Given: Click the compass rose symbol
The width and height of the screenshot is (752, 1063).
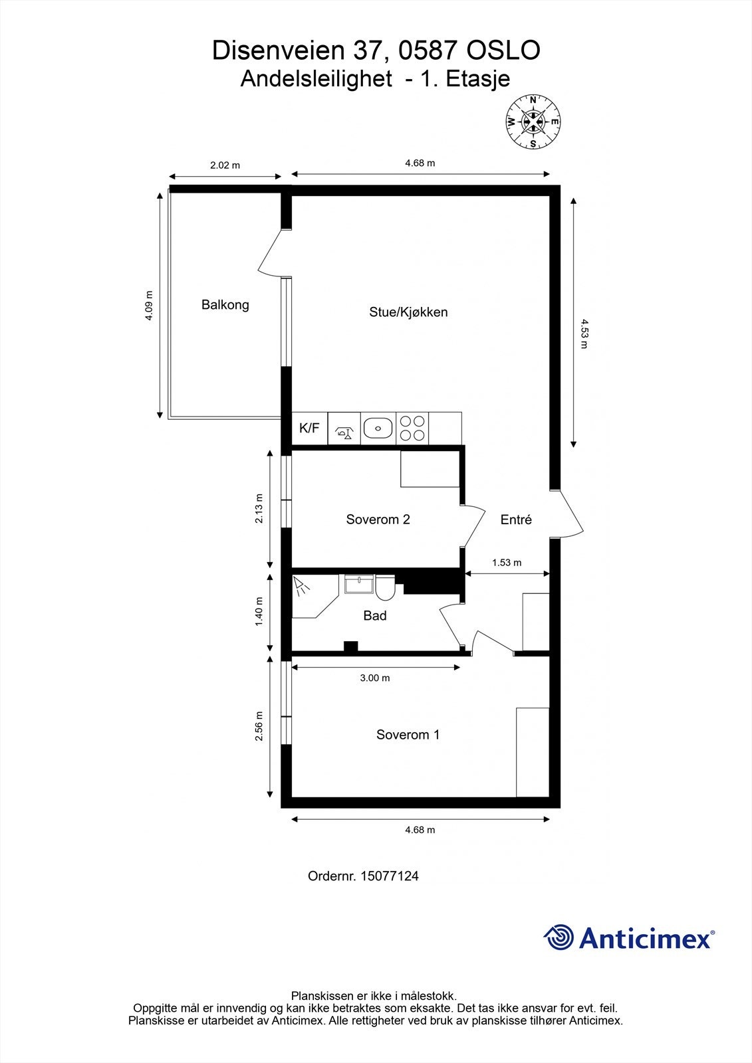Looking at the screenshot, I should pyautogui.click(x=533, y=121).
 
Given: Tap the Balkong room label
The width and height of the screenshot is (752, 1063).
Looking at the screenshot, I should pyautogui.click(x=225, y=305).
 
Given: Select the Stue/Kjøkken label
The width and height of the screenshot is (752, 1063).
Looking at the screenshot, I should pyautogui.click(x=408, y=312).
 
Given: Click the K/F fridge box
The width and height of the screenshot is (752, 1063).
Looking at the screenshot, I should pyautogui.click(x=309, y=429).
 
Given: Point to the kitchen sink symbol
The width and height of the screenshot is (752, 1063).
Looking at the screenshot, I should pyautogui.click(x=378, y=429).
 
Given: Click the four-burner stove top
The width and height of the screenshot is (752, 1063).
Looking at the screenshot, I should pyautogui.click(x=412, y=429).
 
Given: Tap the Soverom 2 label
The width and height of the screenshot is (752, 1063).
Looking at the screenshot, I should pyautogui.click(x=378, y=520).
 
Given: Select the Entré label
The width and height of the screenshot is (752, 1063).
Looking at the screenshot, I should pyautogui.click(x=516, y=520).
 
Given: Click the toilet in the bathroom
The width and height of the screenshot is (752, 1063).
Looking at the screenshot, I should pyautogui.click(x=385, y=587).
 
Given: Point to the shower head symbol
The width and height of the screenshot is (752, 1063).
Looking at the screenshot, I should pyautogui.click(x=303, y=586).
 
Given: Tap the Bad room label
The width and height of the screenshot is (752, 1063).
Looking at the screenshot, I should pyautogui.click(x=375, y=616).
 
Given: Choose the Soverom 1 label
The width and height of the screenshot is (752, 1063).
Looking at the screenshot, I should pyautogui.click(x=408, y=735).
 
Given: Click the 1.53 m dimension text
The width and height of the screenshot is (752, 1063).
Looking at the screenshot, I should pyautogui.click(x=507, y=563).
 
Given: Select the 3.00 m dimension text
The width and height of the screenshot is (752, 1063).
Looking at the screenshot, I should pyautogui.click(x=375, y=678).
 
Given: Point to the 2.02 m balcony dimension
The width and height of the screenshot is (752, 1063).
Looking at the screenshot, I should pyautogui.click(x=225, y=165).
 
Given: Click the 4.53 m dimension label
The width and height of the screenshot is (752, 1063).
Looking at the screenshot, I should pyautogui.click(x=583, y=334).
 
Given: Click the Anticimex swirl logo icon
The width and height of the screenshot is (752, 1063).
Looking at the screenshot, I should pyautogui.click(x=559, y=938).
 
